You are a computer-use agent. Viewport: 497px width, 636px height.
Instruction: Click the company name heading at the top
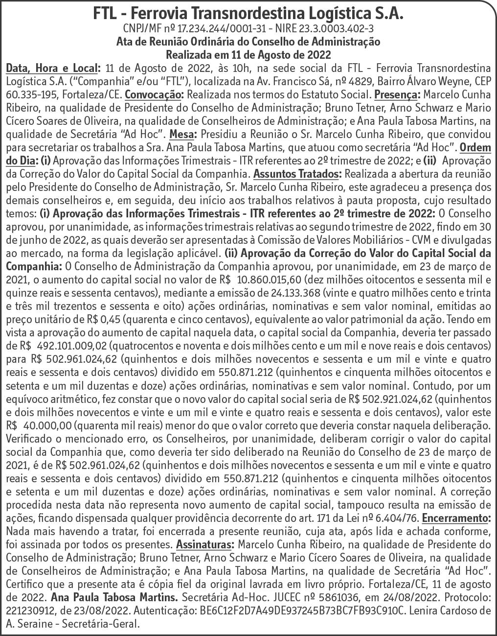248,15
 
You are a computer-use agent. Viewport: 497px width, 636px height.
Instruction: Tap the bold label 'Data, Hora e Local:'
53,67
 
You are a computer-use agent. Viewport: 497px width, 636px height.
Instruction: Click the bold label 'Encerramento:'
456,518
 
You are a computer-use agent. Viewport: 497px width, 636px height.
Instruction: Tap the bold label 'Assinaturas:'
205,544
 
